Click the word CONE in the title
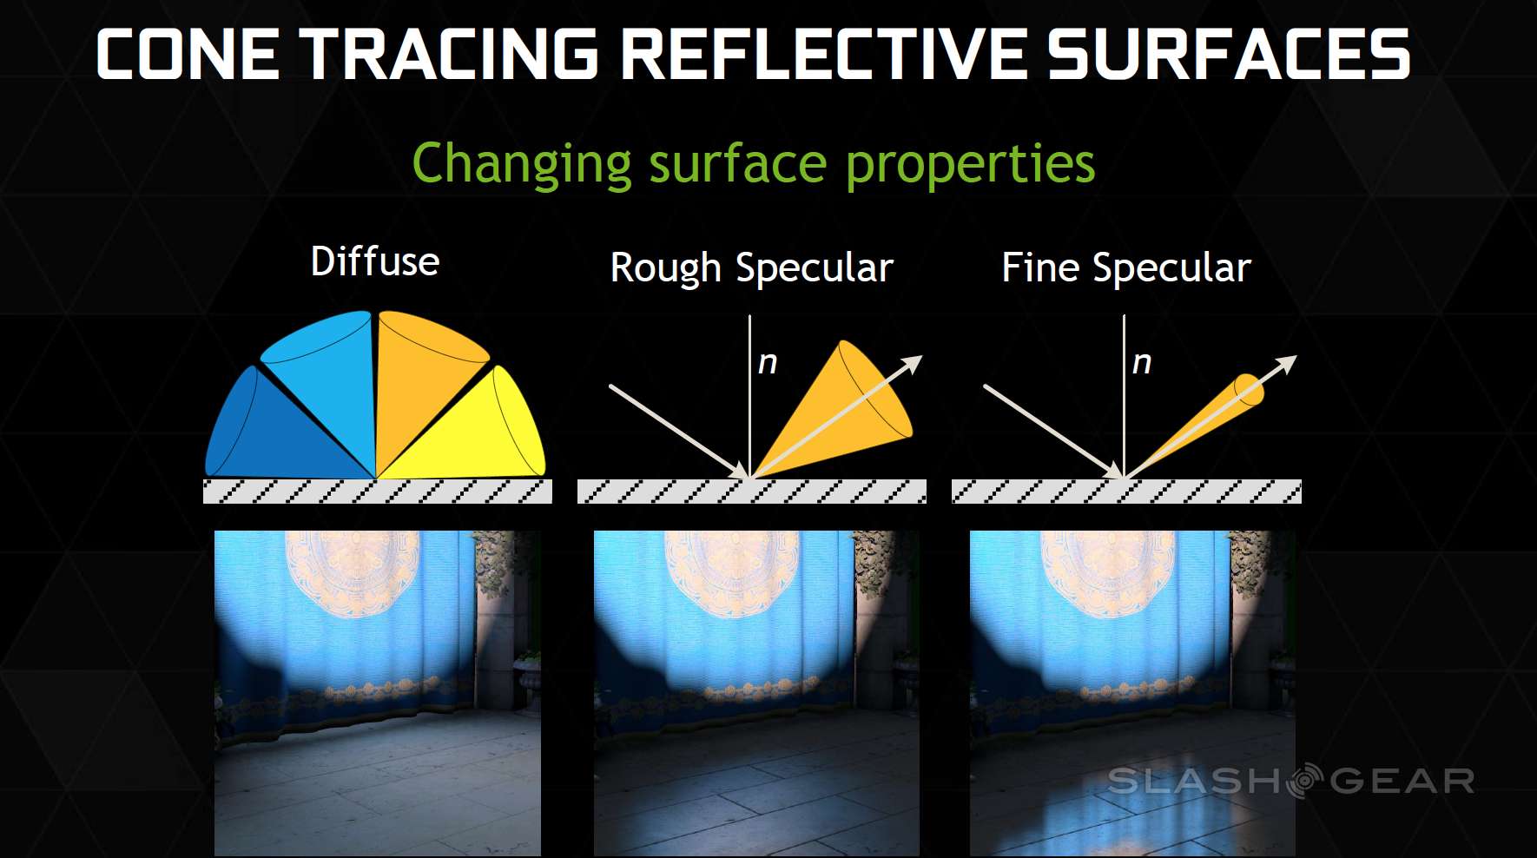pyautogui.click(x=188, y=54)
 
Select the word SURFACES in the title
pyautogui.click(x=1229, y=54)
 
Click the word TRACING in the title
pyautogui.click(x=449, y=54)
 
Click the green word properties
pyautogui.click(x=970, y=165)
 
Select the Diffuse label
pyautogui.click(x=375, y=261)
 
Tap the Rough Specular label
pyautogui.click(x=752, y=268)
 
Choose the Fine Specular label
pyautogui.click(x=1126, y=268)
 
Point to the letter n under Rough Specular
pyautogui.click(x=768, y=363)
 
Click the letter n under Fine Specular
pyautogui.click(x=1142, y=363)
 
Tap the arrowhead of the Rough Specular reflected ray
pyautogui.click(x=912, y=364)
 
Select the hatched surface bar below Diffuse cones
pyautogui.click(x=378, y=492)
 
